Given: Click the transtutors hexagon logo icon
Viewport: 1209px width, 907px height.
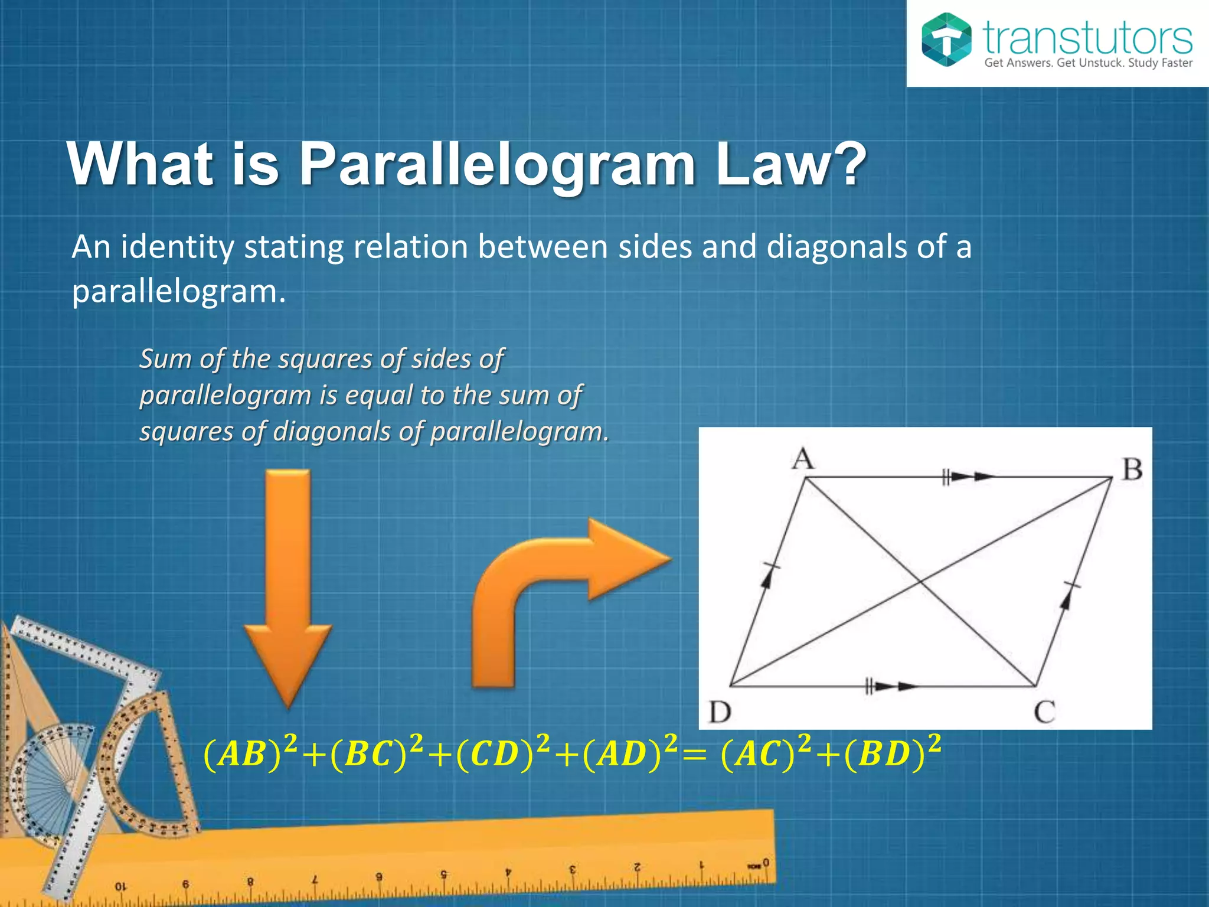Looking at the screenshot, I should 946,40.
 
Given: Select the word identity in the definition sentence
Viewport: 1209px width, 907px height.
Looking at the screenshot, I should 178,247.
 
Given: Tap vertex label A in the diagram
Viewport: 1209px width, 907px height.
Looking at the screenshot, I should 803,459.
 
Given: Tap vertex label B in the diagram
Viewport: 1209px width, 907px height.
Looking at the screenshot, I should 1132,471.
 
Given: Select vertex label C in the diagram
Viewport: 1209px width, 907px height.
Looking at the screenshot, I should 1044,712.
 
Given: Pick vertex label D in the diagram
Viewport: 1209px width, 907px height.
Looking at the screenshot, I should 720,712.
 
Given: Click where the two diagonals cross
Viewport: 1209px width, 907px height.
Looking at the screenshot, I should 919,582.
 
